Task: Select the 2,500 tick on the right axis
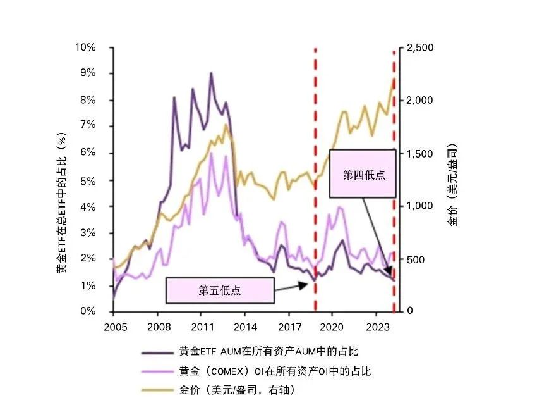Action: click(419, 47)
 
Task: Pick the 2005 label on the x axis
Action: click(116, 327)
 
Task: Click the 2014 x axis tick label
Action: click(245, 327)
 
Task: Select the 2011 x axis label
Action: click(201, 327)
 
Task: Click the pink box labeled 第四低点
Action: click(363, 175)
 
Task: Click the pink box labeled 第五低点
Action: click(220, 290)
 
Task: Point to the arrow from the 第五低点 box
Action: click(291, 286)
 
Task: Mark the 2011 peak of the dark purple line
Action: click(211, 73)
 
